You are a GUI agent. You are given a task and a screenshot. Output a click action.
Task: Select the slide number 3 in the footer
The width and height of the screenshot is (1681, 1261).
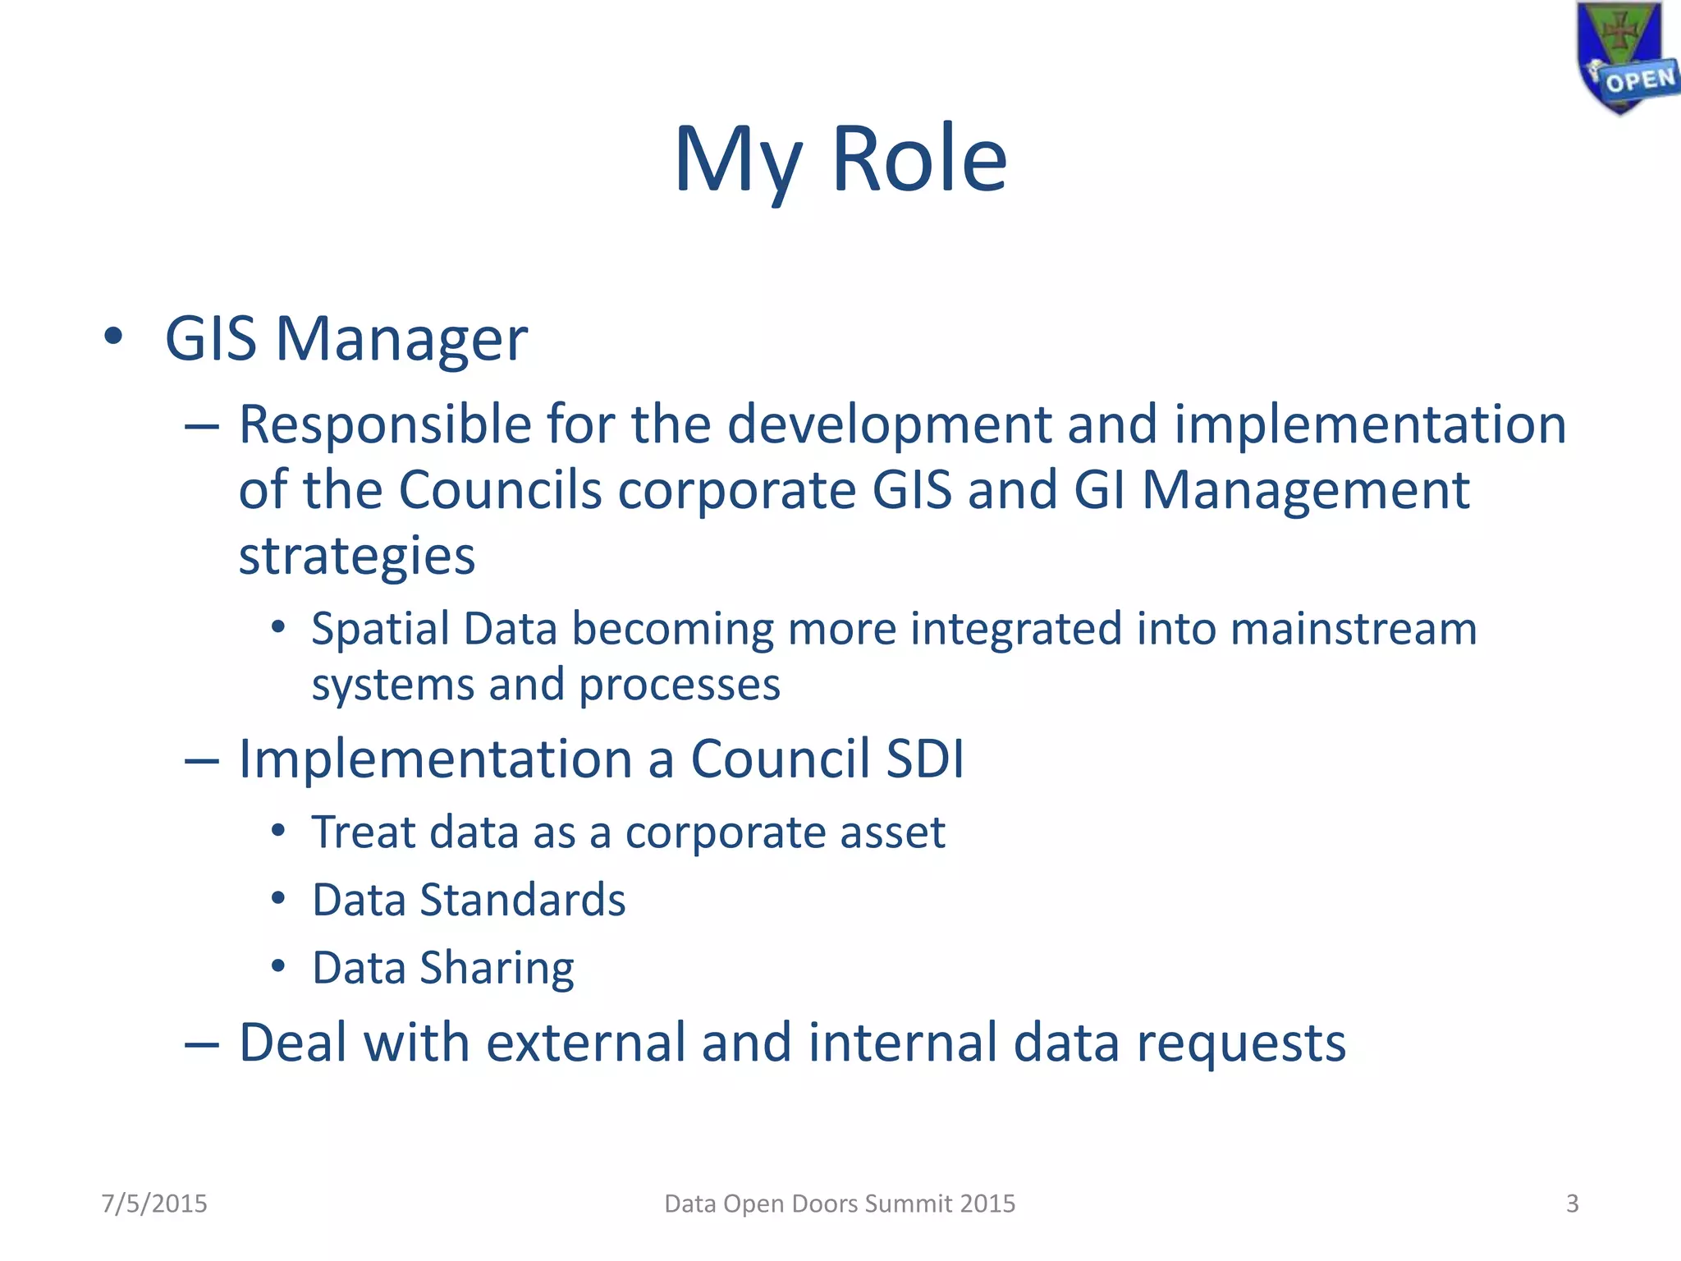(x=1572, y=1204)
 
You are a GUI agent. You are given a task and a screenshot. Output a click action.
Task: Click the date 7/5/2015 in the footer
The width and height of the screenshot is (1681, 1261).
(x=154, y=1204)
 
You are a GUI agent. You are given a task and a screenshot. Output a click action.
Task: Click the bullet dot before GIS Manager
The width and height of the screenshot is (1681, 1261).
(x=113, y=337)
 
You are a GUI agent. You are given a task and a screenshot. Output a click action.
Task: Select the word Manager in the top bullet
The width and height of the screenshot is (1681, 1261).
(x=401, y=339)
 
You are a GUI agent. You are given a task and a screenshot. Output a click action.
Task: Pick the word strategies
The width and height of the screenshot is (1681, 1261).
(x=356, y=557)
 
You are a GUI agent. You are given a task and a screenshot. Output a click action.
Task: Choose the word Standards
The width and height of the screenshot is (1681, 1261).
(x=523, y=900)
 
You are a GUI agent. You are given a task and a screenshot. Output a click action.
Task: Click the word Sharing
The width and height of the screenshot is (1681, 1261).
(x=497, y=969)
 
